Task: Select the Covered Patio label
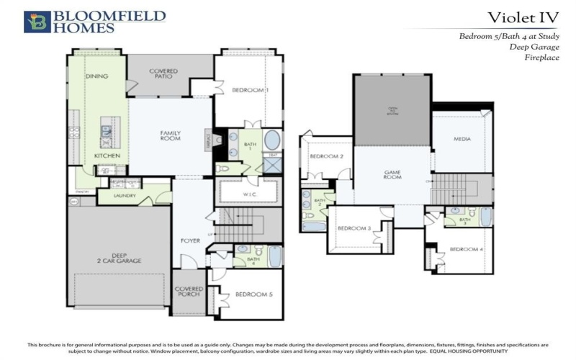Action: point(163,73)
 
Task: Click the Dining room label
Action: point(96,76)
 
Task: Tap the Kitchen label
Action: point(107,156)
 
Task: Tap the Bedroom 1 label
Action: point(250,90)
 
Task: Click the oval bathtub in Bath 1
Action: point(273,140)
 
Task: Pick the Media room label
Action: point(462,139)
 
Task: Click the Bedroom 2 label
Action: point(326,156)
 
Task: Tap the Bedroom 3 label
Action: point(355,228)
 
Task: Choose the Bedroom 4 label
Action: point(466,250)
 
